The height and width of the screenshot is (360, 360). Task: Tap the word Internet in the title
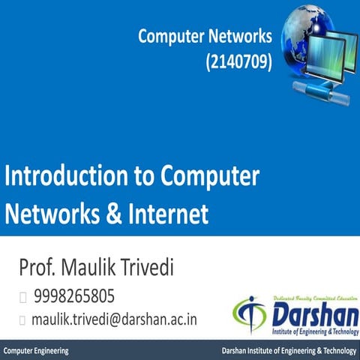point(170,214)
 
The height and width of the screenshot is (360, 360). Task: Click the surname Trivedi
point(163,267)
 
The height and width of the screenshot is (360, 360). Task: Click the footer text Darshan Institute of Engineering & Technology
point(289,351)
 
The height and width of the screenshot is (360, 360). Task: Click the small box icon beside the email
point(23,319)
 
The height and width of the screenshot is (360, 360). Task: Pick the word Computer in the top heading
point(166,37)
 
